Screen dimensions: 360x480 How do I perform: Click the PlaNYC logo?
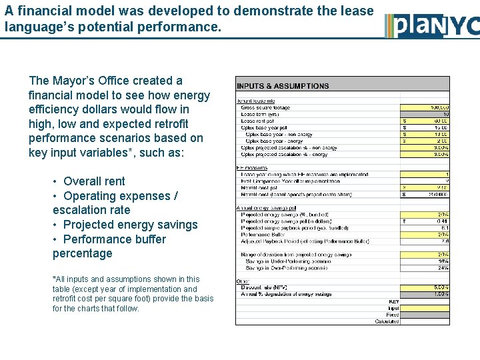[432, 25]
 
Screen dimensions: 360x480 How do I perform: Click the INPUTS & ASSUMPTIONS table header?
[283, 86]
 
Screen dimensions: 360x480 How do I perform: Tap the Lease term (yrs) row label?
[261, 114]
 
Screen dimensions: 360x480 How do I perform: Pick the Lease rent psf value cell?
[427, 121]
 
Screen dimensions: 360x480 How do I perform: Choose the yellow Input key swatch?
[425, 308]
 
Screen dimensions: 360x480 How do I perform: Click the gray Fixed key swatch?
[425, 315]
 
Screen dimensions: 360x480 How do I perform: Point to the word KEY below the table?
[393, 301]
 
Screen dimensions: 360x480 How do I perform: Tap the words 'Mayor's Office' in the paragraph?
[87, 81]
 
